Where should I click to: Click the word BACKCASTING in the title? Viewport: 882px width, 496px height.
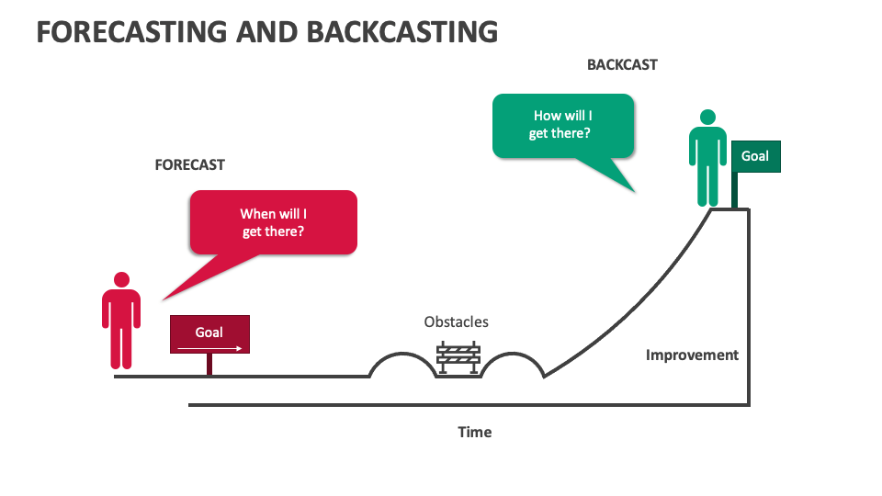401,30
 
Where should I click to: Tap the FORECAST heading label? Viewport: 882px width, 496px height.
189,165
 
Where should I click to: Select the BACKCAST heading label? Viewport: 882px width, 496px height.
622,65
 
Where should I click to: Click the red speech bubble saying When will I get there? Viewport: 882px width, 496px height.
273,221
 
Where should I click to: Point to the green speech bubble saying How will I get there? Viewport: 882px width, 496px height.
562,126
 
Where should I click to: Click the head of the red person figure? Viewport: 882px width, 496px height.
121,279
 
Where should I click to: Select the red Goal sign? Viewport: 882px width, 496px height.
209,334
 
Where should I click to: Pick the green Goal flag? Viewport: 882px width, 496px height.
755,156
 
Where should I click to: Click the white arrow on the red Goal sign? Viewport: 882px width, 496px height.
209,348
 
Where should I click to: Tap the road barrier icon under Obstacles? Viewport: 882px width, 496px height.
458,357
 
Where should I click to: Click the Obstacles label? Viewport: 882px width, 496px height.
456,322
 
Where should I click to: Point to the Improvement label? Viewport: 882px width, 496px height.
692,355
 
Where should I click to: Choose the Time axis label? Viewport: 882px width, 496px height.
475,432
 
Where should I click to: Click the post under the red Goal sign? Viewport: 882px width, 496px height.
209,365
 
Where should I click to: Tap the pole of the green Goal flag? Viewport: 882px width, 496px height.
734,189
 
